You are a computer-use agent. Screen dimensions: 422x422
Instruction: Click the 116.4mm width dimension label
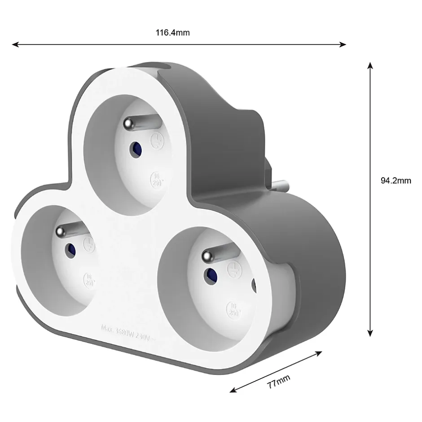tap(173, 32)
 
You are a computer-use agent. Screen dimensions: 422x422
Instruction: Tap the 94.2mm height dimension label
tap(396, 180)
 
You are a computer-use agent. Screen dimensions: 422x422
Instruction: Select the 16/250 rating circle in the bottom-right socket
tap(233, 308)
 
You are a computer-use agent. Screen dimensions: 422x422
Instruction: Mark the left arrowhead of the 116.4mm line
tap(15, 44)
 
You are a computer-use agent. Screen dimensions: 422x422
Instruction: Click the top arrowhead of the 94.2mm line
tap(370, 66)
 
